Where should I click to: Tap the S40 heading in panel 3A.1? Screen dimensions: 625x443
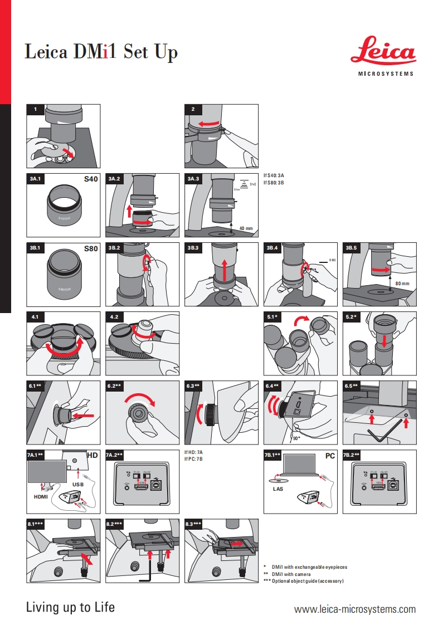pyautogui.click(x=91, y=179)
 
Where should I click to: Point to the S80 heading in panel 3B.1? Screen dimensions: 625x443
pyautogui.click(x=91, y=248)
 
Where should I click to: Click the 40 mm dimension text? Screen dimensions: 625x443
pyautogui.click(x=246, y=228)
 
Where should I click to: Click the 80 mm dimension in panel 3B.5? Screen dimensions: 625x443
pyautogui.click(x=402, y=284)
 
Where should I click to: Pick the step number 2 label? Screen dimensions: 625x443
pyautogui.click(x=193, y=109)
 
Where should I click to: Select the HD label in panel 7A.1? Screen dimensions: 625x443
pyautogui.click(x=93, y=456)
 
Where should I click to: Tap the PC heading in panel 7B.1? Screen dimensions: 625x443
pyautogui.click(x=330, y=456)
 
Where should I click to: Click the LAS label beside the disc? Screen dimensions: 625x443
pyautogui.click(x=278, y=490)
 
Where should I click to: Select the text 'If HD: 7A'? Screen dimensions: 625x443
pyautogui.click(x=194, y=452)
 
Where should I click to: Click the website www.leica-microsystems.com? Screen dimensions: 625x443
pyautogui.click(x=354, y=609)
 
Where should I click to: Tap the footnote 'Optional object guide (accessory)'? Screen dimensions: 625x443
pyautogui.click(x=308, y=581)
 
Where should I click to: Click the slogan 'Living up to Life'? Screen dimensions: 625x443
pyautogui.click(x=70, y=607)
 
